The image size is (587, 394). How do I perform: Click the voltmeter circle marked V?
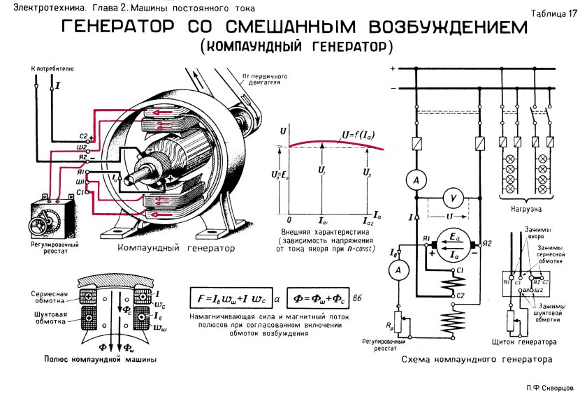pyautogui.click(x=454, y=199)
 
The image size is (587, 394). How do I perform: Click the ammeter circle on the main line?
pyautogui.click(x=417, y=180)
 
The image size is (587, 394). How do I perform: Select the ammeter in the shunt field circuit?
pyautogui.click(x=398, y=270)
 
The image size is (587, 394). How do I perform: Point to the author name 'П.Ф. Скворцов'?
pyautogui.click(x=550, y=386)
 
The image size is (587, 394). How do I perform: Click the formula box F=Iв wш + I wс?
pyautogui.click(x=228, y=298)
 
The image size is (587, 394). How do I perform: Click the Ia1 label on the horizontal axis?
pyautogui.click(x=321, y=220)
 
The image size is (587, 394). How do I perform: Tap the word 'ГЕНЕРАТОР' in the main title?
pyautogui.click(x=122, y=29)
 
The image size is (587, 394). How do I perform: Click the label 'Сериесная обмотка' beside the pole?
pyautogui.click(x=48, y=296)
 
